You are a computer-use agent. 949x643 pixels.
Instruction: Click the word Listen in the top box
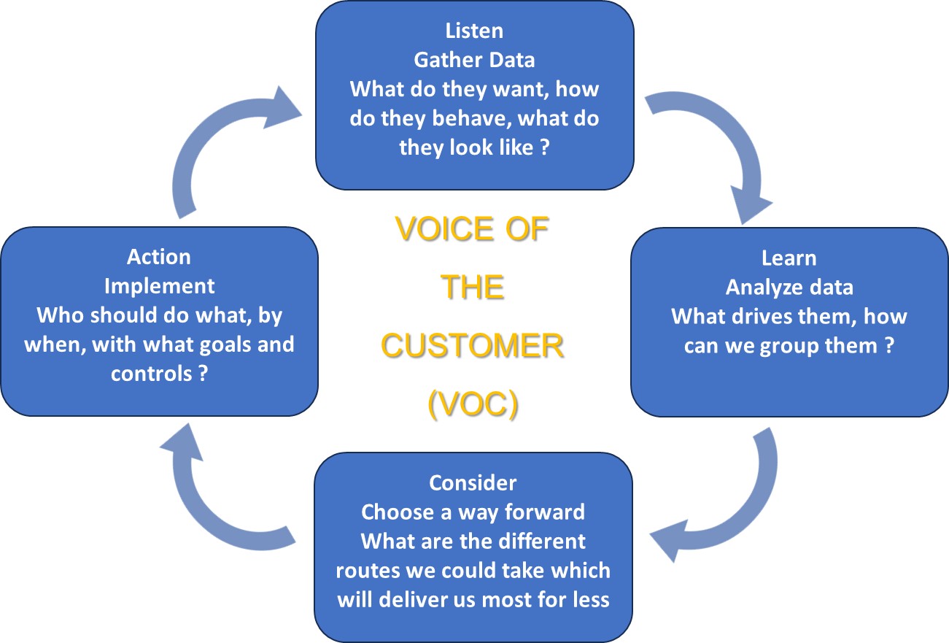(x=474, y=31)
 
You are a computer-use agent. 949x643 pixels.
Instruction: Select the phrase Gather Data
(x=474, y=60)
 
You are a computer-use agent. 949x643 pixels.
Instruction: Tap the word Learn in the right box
(x=789, y=258)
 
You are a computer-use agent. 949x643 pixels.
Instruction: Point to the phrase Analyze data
(x=789, y=287)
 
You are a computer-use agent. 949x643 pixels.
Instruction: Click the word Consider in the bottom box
(x=473, y=482)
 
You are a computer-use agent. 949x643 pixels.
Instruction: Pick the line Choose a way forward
(x=473, y=512)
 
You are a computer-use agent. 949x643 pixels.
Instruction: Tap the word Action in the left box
(x=159, y=257)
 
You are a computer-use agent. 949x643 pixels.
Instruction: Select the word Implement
(x=159, y=285)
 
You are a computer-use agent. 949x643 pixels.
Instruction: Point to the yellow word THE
(x=472, y=288)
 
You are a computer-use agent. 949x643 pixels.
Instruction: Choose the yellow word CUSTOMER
(x=472, y=347)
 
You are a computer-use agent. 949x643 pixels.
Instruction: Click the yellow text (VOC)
(x=472, y=405)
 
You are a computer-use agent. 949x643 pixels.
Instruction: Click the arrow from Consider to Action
(x=219, y=496)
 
